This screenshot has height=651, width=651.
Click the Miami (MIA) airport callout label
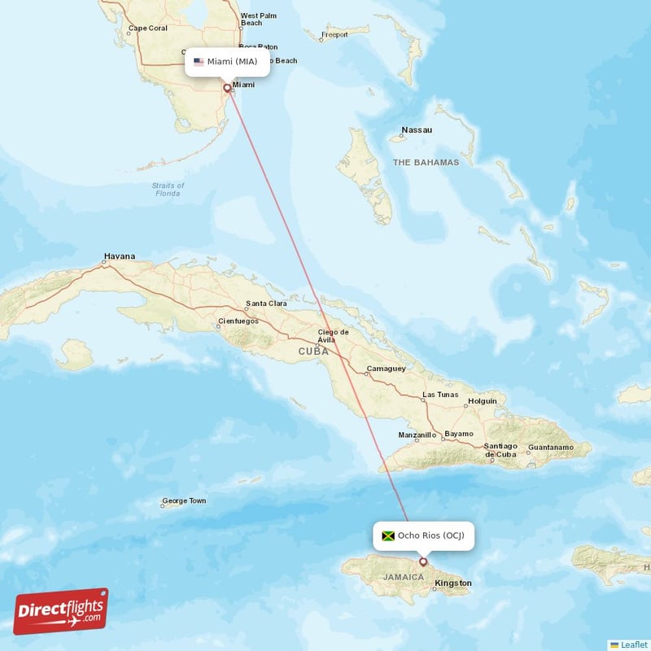(x=227, y=62)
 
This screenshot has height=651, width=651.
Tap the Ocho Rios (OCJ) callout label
(x=423, y=535)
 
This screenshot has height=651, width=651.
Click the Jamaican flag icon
(x=388, y=535)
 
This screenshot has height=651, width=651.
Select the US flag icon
(x=199, y=62)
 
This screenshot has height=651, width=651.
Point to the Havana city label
(x=119, y=256)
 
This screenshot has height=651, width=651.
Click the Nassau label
(x=417, y=130)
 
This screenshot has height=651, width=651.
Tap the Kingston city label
(x=453, y=583)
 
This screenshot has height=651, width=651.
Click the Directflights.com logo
(x=61, y=610)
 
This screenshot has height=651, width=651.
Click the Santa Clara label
(x=266, y=304)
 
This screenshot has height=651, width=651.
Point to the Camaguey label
(x=386, y=369)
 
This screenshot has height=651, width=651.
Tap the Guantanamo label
(x=551, y=448)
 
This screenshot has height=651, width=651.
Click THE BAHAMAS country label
(x=426, y=163)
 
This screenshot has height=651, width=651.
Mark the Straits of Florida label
(x=168, y=190)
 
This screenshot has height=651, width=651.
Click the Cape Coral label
(x=146, y=29)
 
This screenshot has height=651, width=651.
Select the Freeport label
(x=334, y=35)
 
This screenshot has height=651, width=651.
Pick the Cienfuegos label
(x=238, y=321)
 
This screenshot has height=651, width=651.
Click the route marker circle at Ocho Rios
(x=423, y=561)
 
